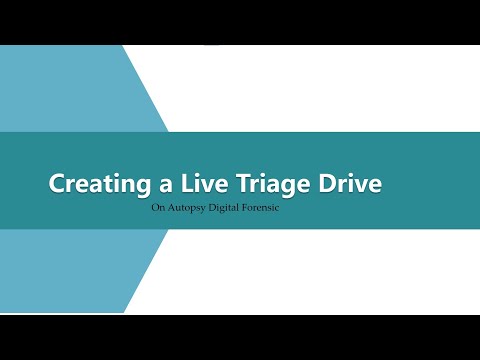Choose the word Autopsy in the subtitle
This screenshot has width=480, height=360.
click(190, 210)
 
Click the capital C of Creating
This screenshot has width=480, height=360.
click(57, 184)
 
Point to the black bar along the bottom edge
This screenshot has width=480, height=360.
click(240, 337)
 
